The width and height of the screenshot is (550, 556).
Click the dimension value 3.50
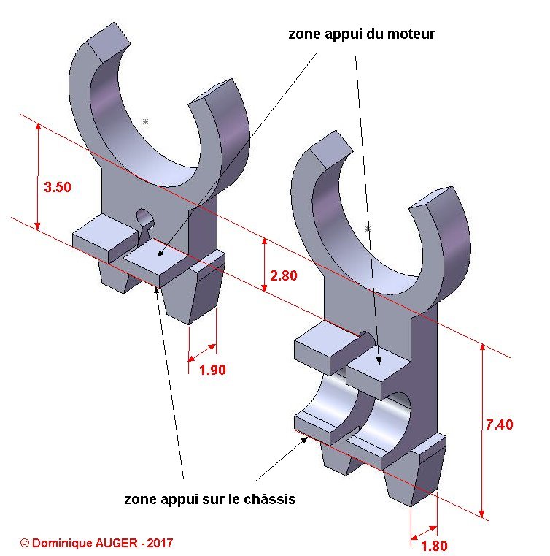click(58, 187)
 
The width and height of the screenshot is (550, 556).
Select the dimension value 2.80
click(284, 275)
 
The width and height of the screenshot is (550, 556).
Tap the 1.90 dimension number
click(212, 370)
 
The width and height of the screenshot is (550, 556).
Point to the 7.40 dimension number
click(499, 424)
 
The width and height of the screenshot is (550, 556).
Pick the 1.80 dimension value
click(434, 545)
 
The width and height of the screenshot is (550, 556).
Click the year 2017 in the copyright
click(160, 543)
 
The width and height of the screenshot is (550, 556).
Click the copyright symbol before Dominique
click(25, 543)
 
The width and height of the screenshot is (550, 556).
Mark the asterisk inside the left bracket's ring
click(145, 121)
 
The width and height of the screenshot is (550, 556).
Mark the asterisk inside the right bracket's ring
click(368, 229)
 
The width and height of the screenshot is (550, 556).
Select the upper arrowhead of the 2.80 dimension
click(264, 242)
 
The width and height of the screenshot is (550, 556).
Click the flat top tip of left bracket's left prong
click(109, 41)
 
